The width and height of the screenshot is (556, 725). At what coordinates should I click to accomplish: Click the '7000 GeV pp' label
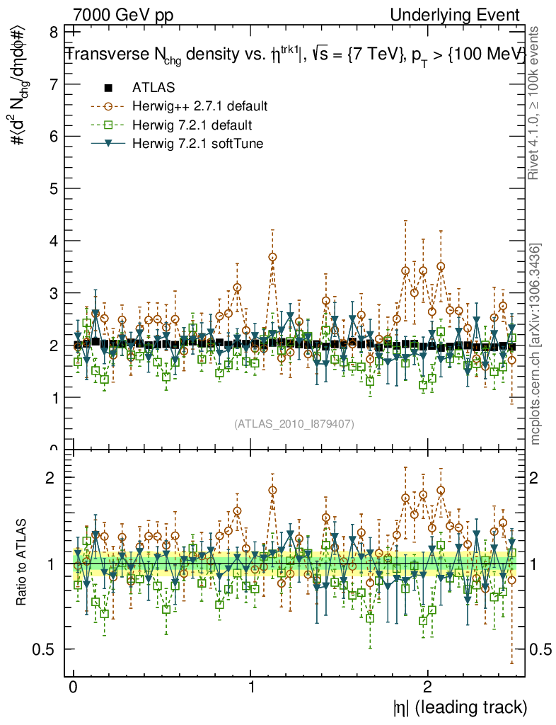123,16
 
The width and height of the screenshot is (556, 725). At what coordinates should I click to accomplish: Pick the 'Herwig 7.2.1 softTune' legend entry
198,143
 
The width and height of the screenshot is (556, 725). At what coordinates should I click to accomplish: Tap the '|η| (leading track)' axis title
460,707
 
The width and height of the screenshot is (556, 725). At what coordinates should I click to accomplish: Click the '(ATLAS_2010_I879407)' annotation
294,424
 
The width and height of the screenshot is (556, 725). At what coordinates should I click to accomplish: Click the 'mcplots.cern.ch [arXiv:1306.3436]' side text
535,343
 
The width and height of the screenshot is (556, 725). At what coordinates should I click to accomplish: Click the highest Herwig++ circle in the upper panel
272,257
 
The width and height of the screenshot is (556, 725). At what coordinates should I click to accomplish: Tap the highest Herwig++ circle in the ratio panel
272,490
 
